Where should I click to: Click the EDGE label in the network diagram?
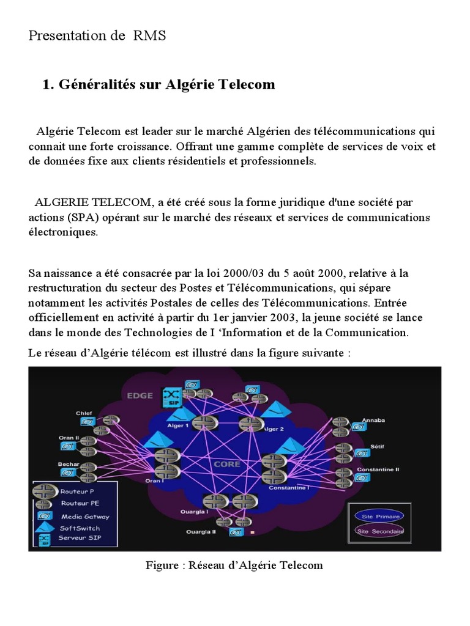tap(141, 395)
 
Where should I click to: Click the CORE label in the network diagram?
tap(226, 464)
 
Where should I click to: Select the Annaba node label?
tap(374, 421)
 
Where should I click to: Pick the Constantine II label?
tap(378, 469)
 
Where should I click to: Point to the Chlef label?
tap(84, 413)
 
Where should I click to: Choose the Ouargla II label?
tap(201, 532)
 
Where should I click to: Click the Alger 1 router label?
tap(179, 425)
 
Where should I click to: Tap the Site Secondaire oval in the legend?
tap(379, 531)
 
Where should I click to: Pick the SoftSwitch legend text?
tap(80, 528)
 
